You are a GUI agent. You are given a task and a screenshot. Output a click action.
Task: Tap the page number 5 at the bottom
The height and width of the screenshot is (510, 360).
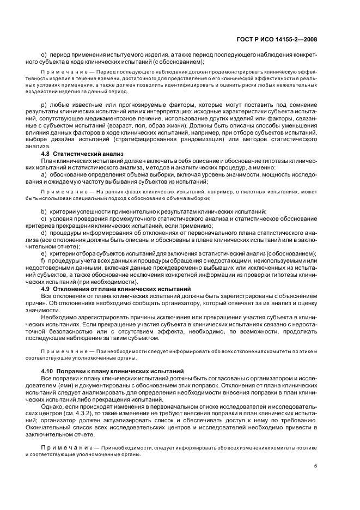(316, 466)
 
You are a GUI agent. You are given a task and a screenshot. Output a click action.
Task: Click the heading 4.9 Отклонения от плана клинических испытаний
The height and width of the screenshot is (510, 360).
(116, 288)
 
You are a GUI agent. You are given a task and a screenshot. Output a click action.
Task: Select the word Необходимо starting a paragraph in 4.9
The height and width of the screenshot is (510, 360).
(60, 317)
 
